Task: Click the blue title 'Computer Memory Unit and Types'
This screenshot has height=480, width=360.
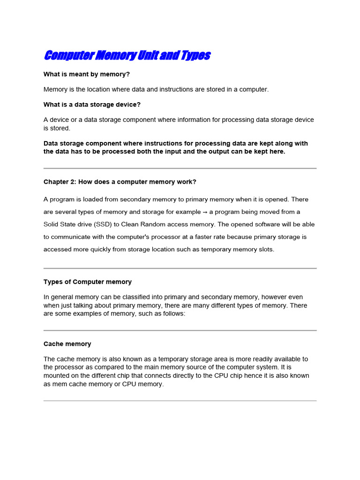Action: pyautogui.click(x=127, y=56)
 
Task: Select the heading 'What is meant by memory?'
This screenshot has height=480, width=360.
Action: pyautogui.click(x=87, y=74)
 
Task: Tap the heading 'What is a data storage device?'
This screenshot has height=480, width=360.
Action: pyautogui.click(x=92, y=104)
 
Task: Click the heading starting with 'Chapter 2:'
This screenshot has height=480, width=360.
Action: pyautogui.click(x=120, y=181)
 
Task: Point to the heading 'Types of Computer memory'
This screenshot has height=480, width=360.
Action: pyautogui.click(x=88, y=282)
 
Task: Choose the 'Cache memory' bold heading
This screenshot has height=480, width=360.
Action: pyautogui.click(x=67, y=344)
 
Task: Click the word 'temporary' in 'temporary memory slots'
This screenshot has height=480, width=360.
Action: pyautogui.click(x=217, y=249)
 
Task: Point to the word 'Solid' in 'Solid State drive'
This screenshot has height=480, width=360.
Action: pyautogui.click(x=52, y=225)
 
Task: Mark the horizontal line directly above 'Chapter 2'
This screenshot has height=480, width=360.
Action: pyautogui.click(x=180, y=168)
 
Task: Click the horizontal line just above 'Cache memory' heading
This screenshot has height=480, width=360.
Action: pyautogui.click(x=180, y=330)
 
